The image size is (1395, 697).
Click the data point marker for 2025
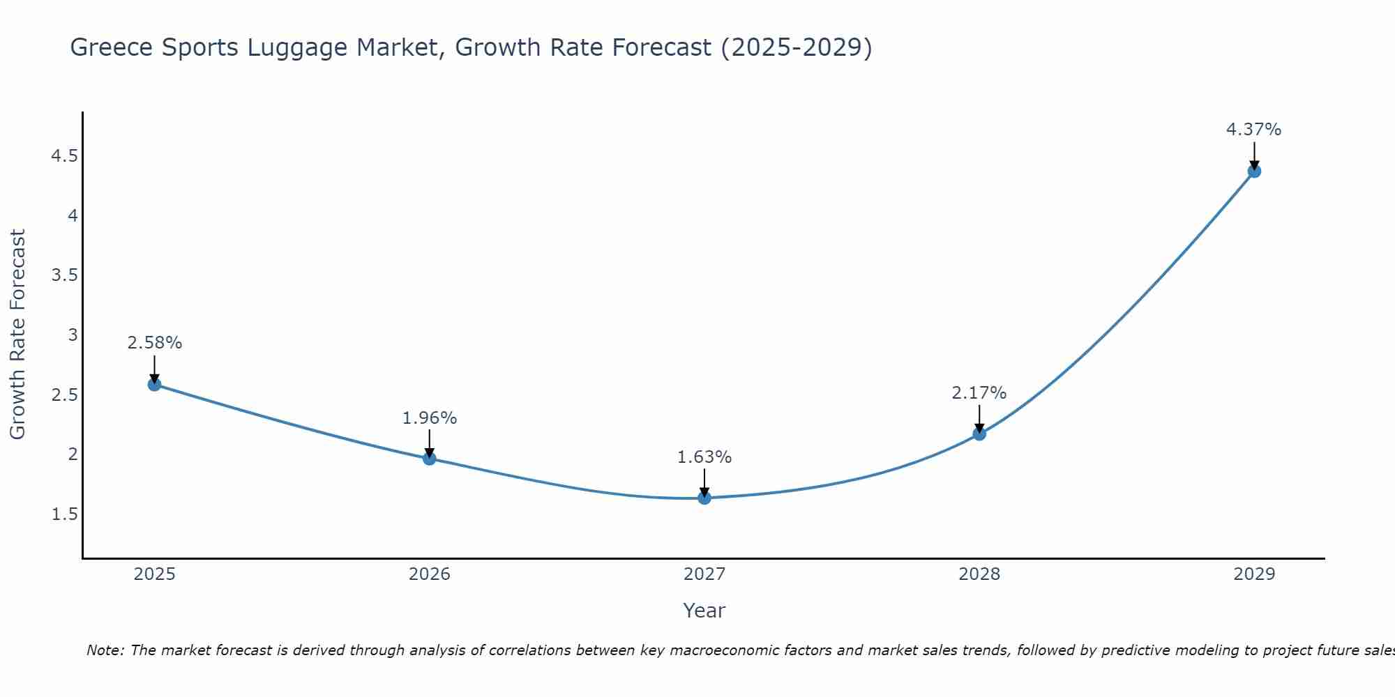click(x=155, y=384)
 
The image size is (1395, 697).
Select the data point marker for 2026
click(x=430, y=458)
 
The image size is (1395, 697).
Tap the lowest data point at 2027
click(x=704, y=498)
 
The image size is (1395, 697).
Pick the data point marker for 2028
click(x=979, y=434)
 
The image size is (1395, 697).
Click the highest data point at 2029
click(x=1254, y=171)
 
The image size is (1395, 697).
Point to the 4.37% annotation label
click(x=1253, y=130)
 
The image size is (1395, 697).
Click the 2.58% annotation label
click(x=155, y=343)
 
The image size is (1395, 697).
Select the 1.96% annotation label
click(x=430, y=418)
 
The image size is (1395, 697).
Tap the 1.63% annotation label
click(x=704, y=457)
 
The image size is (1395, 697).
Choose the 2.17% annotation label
click(x=979, y=393)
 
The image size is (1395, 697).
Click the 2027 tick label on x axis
click(x=704, y=574)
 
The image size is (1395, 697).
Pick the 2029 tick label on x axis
click(x=1254, y=574)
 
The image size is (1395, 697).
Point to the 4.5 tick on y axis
click(x=64, y=156)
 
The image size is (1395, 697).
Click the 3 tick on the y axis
click(x=73, y=335)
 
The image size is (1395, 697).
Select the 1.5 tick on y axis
click(x=64, y=514)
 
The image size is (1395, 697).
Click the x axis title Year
click(x=704, y=611)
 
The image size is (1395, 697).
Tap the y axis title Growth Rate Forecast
click(x=17, y=335)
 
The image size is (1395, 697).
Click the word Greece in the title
click(x=112, y=47)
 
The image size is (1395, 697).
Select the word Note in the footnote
click(x=104, y=650)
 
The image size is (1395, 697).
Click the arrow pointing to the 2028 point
click(x=979, y=419)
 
